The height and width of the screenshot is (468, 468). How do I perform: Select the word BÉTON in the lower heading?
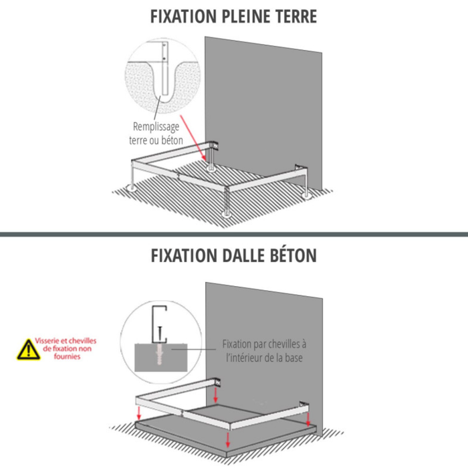click(x=289, y=255)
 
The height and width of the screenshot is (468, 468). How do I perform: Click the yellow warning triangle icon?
click(x=28, y=348)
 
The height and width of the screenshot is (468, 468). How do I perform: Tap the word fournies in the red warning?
click(x=69, y=356)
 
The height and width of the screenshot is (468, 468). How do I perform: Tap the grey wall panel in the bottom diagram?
click(x=267, y=334)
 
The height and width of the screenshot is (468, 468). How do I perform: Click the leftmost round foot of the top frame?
click(x=133, y=189)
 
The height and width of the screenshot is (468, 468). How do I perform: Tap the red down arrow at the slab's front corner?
click(x=228, y=439)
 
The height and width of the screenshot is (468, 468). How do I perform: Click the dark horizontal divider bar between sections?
click(x=234, y=234)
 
